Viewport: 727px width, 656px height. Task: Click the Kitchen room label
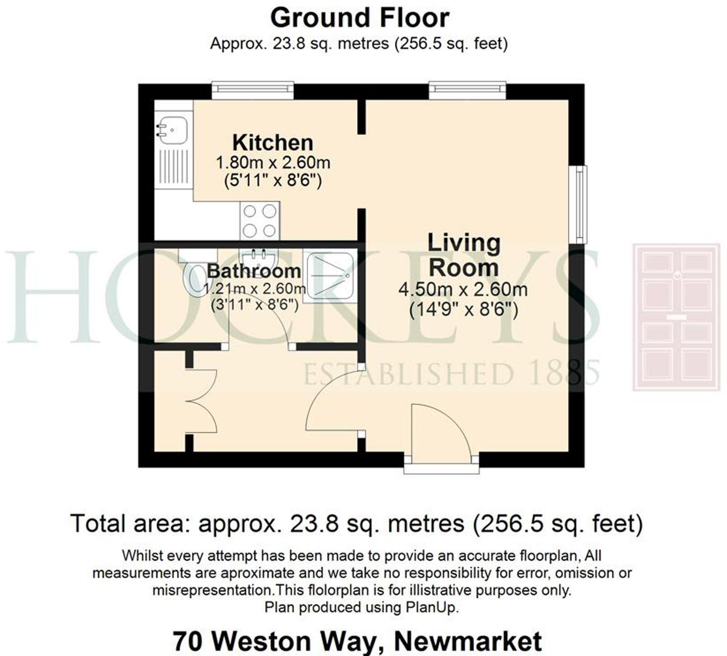click(x=272, y=143)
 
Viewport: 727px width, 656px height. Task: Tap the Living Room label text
click(x=464, y=255)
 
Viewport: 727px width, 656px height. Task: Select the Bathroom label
click(x=254, y=271)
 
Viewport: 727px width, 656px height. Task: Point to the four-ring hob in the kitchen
click(x=259, y=221)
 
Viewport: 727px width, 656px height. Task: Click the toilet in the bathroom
click(x=194, y=278)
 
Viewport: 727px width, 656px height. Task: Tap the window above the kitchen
click(x=253, y=90)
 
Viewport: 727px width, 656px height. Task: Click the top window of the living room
click(x=467, y=90)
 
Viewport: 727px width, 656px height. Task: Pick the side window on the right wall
click(x=581, y=204)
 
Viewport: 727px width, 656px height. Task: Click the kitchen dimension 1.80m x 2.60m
click(x=273, y=162)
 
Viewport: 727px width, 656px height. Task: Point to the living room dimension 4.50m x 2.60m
click(x=463, y=289)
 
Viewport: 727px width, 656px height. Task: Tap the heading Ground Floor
click(x=359, y=18)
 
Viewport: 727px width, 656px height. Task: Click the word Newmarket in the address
click(x=468, y=641)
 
